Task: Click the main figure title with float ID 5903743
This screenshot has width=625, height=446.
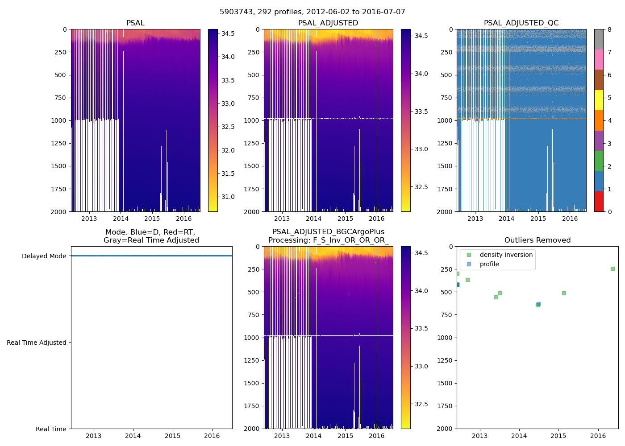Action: point(312,12)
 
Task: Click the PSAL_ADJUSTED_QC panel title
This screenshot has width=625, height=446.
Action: point(521,23)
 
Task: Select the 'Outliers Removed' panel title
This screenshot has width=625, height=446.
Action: point(537,240)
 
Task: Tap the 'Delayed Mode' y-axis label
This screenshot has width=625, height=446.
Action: point(44,256)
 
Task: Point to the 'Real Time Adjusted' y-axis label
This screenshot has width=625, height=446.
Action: point(37,343)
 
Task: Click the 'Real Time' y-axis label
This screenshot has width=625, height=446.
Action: point(51,429)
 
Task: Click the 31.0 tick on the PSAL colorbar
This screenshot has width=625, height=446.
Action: point(228,197)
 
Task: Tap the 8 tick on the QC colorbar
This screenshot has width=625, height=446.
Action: point(609,29)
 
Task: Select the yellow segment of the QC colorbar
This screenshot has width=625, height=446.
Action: point(599,100)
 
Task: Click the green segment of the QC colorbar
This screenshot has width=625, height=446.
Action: point(599,161)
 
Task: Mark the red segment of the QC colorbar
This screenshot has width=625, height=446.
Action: point(599,201)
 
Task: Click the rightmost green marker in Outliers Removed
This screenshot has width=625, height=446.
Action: point(612,268)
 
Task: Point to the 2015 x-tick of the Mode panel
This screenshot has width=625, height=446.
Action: point(172,436)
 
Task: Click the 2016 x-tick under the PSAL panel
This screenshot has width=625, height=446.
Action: point(183,219)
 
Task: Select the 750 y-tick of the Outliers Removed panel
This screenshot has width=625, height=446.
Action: point(446,315)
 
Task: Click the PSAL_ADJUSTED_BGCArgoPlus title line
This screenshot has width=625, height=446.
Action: point(328,232)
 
